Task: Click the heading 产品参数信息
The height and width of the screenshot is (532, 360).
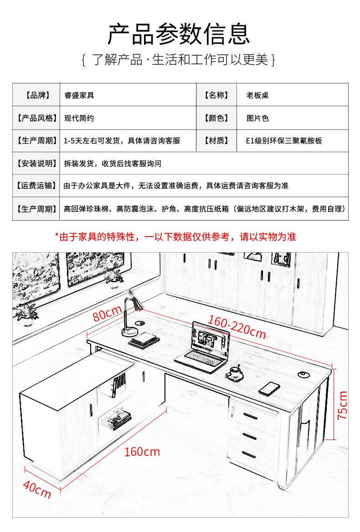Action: (180, 34)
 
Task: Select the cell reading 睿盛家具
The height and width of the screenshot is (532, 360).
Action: (79, 95)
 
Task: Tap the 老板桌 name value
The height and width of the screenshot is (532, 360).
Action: (258, 95)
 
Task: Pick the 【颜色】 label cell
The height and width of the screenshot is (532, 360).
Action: (216, 118)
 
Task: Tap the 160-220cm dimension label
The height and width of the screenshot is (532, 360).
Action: (237, 327)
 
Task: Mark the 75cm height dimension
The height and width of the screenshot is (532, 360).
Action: (342, 405)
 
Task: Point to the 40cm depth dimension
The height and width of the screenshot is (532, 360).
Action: (36, 489)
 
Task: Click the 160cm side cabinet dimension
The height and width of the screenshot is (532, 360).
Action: (142, 451)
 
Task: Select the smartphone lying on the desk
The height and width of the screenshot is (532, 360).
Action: (269, 388)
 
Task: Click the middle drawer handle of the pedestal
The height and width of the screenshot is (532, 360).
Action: (250, 436)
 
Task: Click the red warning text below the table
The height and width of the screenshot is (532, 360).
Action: (175, 237)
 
